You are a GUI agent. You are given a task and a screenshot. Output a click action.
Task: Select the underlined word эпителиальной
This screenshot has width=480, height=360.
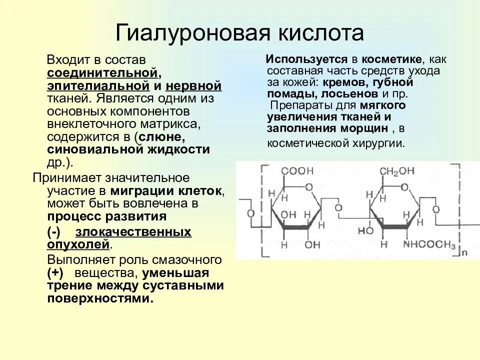click(98, 86)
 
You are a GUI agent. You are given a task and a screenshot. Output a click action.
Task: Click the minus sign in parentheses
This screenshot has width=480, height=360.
click(54, 232)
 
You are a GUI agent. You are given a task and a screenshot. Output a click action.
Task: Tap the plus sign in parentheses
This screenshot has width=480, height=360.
click(55, 273)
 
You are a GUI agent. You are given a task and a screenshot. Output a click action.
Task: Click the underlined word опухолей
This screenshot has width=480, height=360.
click(78, 244)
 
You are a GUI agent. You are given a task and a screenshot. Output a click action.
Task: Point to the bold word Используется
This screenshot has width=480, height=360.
click(299, 59)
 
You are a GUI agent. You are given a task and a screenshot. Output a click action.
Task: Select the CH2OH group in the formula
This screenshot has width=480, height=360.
click(396, 171)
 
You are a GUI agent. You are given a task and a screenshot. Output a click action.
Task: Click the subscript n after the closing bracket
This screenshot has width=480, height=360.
click(464, 252)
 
